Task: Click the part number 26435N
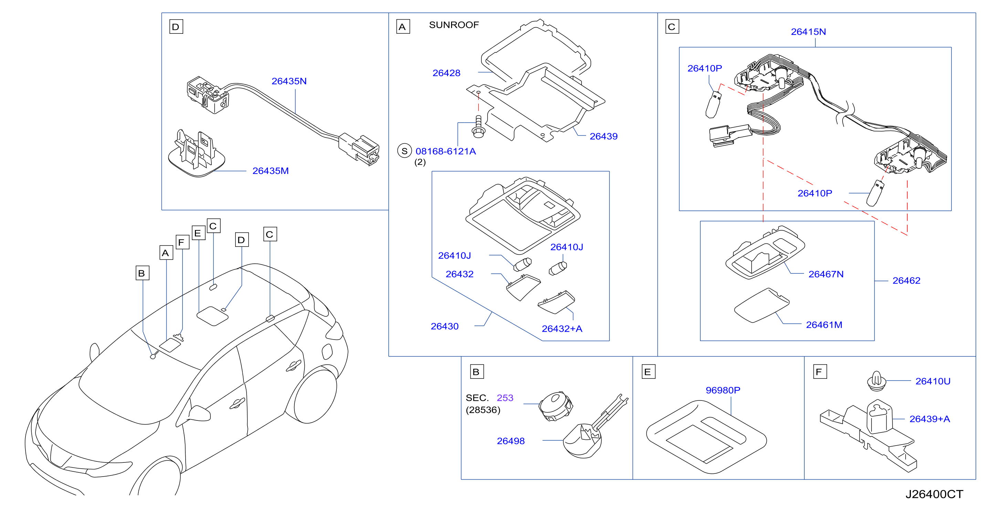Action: [289, 81]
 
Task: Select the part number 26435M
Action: [271, 171]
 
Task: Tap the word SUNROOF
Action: [454, 25]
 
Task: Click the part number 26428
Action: [447, 73]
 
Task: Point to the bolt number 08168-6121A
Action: [446, 151]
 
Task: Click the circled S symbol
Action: [405, 151]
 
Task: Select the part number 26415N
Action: [809, 32]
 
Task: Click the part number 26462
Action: [906, 281]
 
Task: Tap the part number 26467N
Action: [826, 274]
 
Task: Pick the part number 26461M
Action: [824, 325]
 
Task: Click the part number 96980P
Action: [723, 390]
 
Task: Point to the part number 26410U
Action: [933, 381]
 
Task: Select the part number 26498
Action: [511, 441]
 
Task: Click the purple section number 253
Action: [505, 398]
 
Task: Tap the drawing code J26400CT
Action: [934, 494]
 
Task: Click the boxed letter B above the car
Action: [142, 273]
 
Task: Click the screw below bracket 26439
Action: [478, 127]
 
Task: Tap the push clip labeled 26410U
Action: [877, 381]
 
